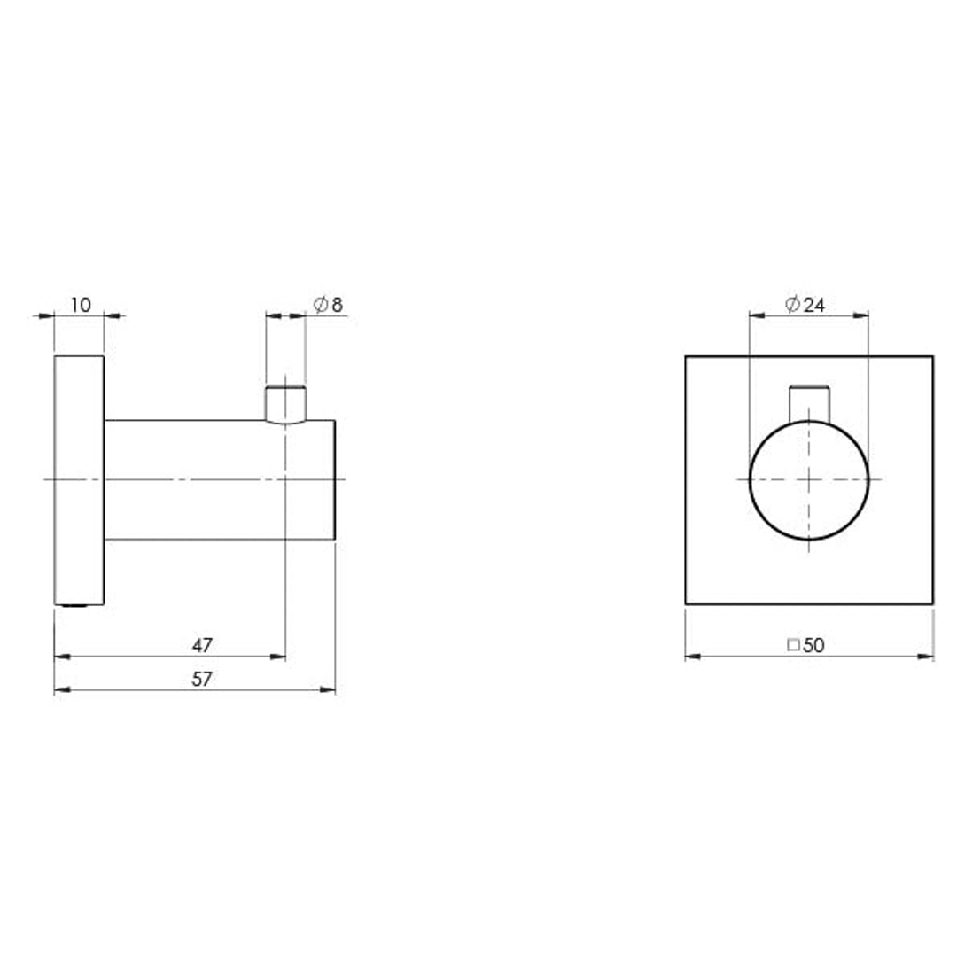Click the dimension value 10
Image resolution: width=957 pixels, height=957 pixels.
click(80, 305)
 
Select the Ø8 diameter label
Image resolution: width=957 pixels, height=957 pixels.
click(328, 305)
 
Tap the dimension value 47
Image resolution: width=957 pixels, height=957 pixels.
click(202, 645)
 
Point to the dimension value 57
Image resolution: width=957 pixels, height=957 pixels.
click(202, 679)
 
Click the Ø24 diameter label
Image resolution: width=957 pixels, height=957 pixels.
click(805, 305)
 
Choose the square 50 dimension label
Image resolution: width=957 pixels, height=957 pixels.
click(805, 645)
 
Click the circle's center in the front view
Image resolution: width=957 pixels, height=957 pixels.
click(809, 479)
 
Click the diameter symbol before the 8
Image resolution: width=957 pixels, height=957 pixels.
click(320, 305)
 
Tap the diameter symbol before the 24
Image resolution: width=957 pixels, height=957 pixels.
click(793, 305)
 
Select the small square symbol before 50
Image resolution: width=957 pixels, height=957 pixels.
click(793, 645)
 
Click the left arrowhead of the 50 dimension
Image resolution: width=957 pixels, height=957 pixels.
click(692, 657)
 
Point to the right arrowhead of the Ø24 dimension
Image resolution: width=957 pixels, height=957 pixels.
click(862, 315)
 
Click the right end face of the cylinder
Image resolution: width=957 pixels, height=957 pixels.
click(334, 479)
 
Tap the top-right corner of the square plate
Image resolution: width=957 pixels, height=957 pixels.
click(933, 356)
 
